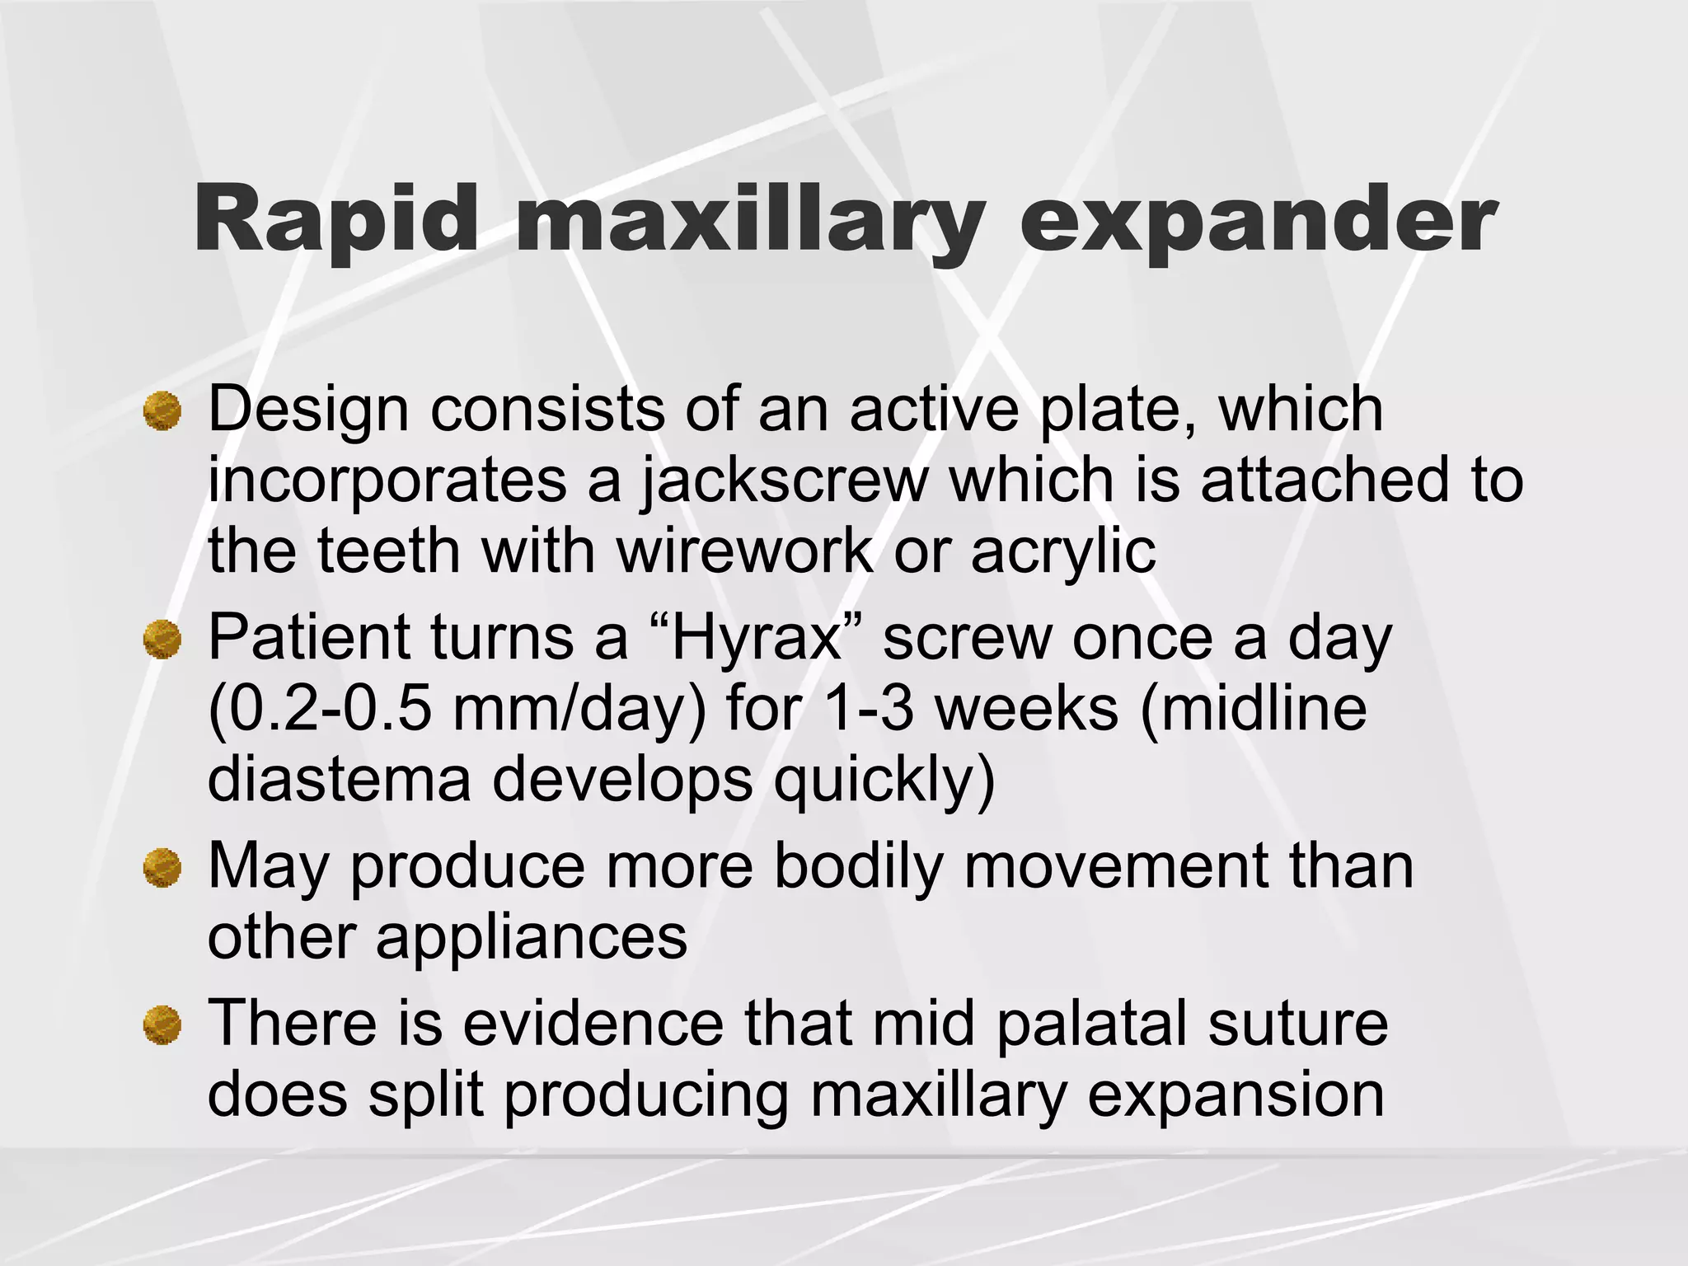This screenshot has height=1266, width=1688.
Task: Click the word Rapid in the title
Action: [x=335, y=218]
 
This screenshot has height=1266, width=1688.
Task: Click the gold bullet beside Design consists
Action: [x=162, y=410]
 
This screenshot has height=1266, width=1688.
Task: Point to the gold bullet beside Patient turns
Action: [x=162, y=640]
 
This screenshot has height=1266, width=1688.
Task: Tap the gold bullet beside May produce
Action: [x=162, y=868]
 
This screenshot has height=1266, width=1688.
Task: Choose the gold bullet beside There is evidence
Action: [x=162, y=1025]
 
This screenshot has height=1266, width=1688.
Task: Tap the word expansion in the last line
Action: [x=1236, y=1097]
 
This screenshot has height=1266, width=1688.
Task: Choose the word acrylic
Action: [x=1063, y=553]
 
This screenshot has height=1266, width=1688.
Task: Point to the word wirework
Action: [x=745, y=551]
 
